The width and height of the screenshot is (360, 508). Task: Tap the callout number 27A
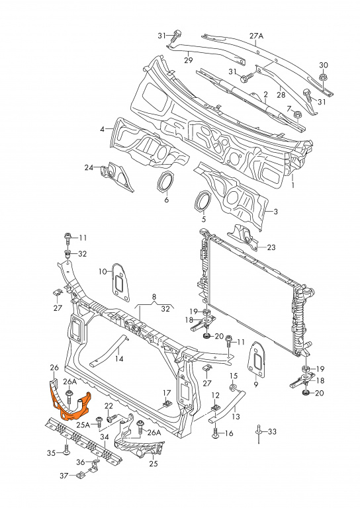click(256, 36)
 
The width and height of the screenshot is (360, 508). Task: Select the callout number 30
click(324, 65)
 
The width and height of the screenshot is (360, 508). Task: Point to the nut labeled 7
click(296, 115)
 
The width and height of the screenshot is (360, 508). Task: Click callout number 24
click(89, 167)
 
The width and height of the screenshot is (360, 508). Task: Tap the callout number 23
click(271, 247)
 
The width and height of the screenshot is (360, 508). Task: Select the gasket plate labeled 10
click(120, 283)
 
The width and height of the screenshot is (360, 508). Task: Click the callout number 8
click(154, 296)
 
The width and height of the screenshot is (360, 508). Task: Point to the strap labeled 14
click(109, 351)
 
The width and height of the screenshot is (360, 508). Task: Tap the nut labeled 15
click(233, 387)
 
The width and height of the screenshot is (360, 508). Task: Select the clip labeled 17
click(167, 403)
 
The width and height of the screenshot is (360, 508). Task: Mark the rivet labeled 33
click(259, 434)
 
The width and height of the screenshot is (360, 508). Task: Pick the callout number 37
click(64, 476)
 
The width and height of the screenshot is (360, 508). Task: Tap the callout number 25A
click(83, 425)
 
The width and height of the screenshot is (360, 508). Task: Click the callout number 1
click(292, 185)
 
